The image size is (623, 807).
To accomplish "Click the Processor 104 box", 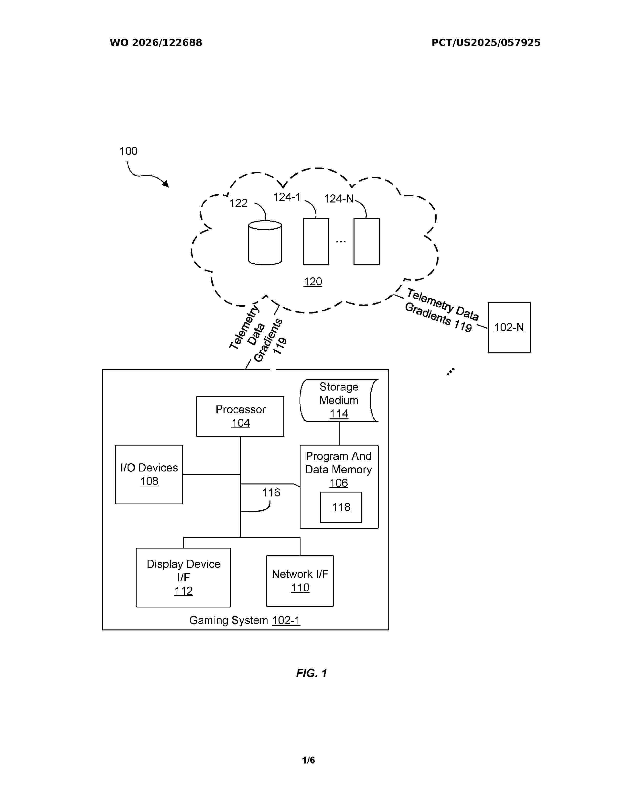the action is click(x=240, y=416).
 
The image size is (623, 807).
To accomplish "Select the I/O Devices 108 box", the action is click(x=149, y=474).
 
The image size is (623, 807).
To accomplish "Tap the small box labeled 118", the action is click(x=341, y=507).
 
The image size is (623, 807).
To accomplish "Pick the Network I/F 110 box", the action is click(x=300, y=581).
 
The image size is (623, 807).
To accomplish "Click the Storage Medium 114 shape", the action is click(x=339, y=401).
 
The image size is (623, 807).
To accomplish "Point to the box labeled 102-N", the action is click(x=509, y=327).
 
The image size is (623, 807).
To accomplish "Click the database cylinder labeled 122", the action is click(x=265, y=243).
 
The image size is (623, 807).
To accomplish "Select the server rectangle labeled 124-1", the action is click(x=316, y=241).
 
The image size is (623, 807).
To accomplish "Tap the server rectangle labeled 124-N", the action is click(x=366, y=241).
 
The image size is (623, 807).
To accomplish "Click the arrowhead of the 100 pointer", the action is click(x=166, y=184).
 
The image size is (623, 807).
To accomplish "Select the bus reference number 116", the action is click(x=271, y=492).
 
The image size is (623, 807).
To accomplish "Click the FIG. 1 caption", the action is click(x=311, y=673).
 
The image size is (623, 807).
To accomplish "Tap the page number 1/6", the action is click(x=309, y=760).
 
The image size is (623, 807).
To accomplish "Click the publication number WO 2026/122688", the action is click(x=156, y=43).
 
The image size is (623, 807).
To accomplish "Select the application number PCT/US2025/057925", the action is click(x=486, y=43).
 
